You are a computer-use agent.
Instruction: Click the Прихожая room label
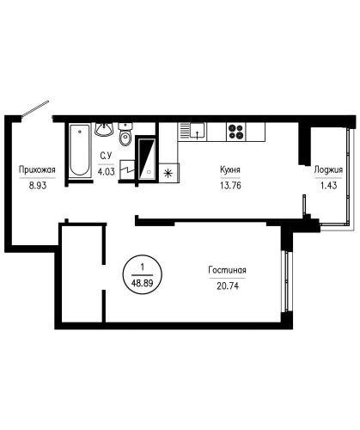(x=37, y=169)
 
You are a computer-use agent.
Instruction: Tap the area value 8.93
(x=37, y=186)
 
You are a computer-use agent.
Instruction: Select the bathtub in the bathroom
(x=79, y=150)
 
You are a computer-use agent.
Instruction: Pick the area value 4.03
(x=107, y=172)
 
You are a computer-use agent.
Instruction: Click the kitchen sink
(x=192, y=132)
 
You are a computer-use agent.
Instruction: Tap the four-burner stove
(x=236, y=132)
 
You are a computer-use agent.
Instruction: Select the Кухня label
(x=230, y=169)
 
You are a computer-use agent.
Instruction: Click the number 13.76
(x=230, y=186)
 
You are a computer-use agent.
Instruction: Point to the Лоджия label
(x=328, y=170)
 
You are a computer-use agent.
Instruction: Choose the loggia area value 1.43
(x=328, y=186)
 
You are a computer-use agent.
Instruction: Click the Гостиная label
(x=228, y=270)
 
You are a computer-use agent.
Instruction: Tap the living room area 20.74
(x=228, y=286)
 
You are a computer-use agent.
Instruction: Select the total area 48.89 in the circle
(x=142, y=283)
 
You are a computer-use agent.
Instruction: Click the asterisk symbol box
(x=169, y=173)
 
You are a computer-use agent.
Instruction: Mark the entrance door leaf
(x=36, y=108)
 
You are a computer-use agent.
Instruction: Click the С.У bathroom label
(x=106, y=156)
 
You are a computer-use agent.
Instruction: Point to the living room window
(x=287, y=282)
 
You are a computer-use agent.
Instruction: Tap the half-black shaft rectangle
(x=147, y=158)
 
